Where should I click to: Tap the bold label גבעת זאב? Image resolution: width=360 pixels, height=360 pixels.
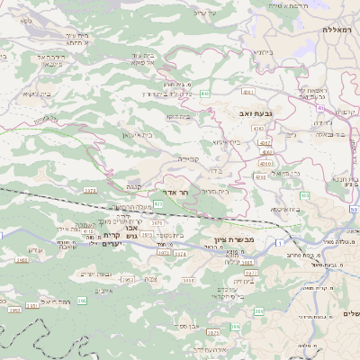pyautogui.click(x=255, y=113)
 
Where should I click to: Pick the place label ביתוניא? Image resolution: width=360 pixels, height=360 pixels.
pyautogui.click(x=263, y=51)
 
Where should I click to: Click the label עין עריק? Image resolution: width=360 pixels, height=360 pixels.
pyautogui.click(x=206, y=13)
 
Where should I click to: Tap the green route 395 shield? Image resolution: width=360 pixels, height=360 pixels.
pyautogui.click(x=82, y=300)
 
